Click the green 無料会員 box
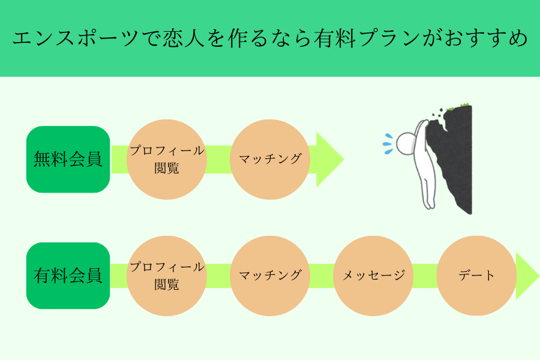click(x=68, y=159)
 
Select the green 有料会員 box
click(x=68, y=275)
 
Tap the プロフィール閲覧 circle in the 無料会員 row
click(x=167, y=160)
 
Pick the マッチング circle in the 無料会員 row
click(x=270, y=160)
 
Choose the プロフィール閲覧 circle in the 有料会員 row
click(x=167, y=276)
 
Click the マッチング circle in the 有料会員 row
click(x=270, y=276)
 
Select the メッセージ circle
click(x=373, y=276)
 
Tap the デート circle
click(x=476, y=276)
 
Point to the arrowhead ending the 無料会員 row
click(x=329, y=160)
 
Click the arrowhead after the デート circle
click(x=527, y=276)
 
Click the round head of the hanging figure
click(x=406, y=143)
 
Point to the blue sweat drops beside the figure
click(x=388, y=144)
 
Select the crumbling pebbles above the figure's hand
click(x=437, y=112)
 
